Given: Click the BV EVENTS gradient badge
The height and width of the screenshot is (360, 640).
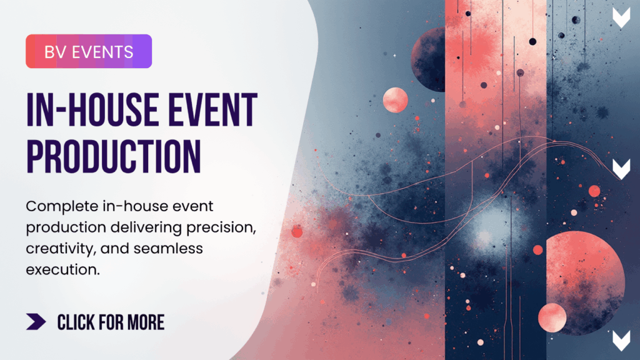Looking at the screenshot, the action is coord(89,51).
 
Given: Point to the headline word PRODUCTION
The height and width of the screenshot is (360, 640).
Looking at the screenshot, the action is coord(114,157).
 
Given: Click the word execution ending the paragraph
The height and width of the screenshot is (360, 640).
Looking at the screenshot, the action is coord(63,270).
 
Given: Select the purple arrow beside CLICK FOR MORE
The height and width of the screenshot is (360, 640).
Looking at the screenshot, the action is coord(36,322).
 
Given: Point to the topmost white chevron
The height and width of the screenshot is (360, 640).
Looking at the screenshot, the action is coord(621,17).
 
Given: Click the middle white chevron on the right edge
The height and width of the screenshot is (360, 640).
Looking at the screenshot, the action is coord(621,169).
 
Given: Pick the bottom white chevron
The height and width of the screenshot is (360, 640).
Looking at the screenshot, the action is coord(621,341).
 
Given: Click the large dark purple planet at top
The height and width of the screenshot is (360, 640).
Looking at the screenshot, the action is coord(429,59).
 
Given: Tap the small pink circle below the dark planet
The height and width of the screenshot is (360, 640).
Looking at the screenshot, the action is coord(395,100).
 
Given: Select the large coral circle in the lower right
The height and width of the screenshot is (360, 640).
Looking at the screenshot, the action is coord(585,282).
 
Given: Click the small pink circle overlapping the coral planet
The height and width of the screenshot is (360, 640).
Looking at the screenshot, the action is coord(552,317).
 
